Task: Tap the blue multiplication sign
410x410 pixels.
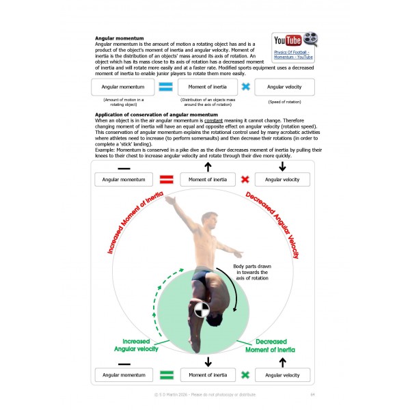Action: coord(245,87)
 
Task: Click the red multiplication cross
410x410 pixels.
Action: coord(245,180)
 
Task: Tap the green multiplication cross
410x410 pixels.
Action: coord(245,374)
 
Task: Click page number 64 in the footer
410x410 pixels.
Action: coord(312,394)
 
